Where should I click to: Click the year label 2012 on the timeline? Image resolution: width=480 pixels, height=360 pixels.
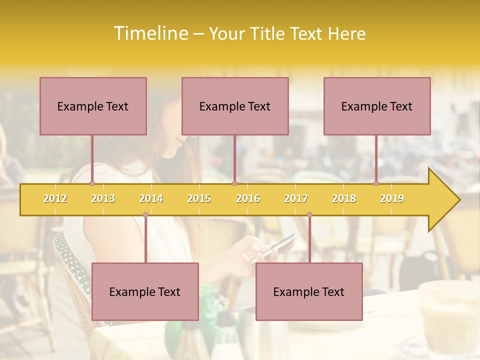point(55,198)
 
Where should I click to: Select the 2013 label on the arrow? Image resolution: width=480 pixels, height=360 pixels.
point(103,198)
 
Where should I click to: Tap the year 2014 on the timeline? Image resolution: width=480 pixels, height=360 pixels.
point(151,198)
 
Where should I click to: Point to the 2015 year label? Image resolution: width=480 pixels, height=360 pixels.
point(199,198)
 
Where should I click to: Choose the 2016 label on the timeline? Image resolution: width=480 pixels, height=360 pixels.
point(248,198)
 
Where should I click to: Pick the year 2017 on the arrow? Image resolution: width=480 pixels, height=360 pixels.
point(296,198)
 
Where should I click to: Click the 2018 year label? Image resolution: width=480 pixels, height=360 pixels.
point(344,198)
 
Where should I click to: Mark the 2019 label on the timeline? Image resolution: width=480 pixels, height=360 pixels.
point(392,198)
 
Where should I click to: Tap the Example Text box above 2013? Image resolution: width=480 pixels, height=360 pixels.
point(93,106)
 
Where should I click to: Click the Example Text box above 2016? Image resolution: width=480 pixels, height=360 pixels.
point(235,106)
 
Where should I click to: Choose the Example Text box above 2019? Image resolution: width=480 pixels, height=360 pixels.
point(377,106)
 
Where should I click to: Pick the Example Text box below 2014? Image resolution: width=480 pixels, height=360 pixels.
point(145,291)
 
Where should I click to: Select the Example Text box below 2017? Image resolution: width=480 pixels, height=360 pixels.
point(309,291)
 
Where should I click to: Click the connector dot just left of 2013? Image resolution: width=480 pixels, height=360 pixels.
point(92,183)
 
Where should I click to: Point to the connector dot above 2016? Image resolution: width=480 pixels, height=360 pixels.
point(234,183)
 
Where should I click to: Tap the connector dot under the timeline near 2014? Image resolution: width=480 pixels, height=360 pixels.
point(145,215)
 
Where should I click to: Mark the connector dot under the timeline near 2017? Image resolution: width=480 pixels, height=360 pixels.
point(309,215)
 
